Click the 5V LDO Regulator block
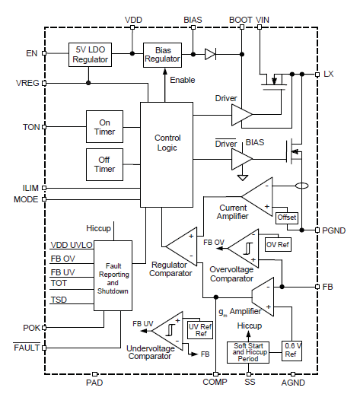90,55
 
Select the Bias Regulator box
162,55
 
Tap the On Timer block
104,127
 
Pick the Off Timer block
104,164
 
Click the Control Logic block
167,154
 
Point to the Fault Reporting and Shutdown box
113,275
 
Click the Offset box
287,218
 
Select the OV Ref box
278,245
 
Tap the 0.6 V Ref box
292,351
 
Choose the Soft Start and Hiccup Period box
248,352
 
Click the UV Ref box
200,330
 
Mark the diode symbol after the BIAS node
210,54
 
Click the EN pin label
32,53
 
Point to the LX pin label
329,74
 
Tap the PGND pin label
334,230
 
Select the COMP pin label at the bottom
215,382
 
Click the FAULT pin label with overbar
27,347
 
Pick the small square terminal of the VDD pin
132,27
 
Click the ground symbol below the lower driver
243,177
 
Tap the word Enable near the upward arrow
183,80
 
